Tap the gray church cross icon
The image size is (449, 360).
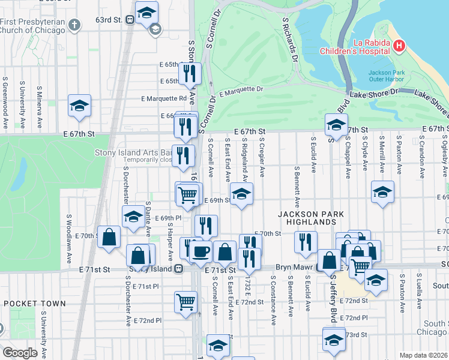[x=74, y=25]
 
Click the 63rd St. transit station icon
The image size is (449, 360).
[x=130, y=19]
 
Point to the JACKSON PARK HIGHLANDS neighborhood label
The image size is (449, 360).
[x=306, y=218]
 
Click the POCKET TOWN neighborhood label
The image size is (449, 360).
[x=34, y=304]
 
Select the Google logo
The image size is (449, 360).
[x=19, y=352]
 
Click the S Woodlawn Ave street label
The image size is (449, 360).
[x=70, y=239]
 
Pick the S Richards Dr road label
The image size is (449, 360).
[x=289, y=40]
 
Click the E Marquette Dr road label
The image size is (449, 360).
[x=241, y=91]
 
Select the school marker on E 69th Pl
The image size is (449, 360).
[x=133, y=217]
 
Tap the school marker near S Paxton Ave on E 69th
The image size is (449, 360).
[x=382, y=192]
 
